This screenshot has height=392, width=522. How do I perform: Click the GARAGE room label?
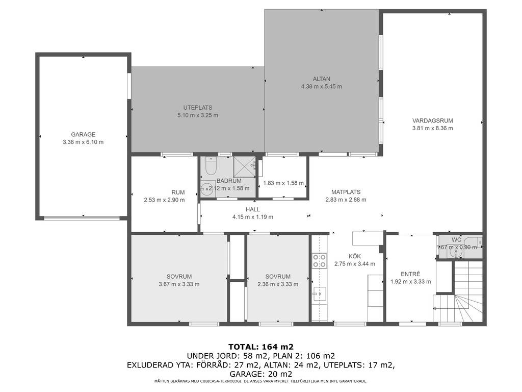pos(83,135)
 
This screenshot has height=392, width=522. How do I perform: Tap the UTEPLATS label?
pos(198,108)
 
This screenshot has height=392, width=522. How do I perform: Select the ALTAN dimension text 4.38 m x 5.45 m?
pos(322,87)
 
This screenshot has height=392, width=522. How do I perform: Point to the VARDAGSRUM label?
pos(432,120)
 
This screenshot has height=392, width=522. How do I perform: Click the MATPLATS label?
pos(346,192)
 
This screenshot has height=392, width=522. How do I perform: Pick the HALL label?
pos(253,209)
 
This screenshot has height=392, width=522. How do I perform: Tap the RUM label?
pos(178,192)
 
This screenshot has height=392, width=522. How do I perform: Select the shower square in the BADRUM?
pos(244,166)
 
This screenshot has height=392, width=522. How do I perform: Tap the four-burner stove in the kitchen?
pos(319,261)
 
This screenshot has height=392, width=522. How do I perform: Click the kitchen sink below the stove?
pos(319,294)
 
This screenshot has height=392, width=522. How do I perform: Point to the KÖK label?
pos(355,256)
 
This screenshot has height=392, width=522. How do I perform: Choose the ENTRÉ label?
pos(410,274)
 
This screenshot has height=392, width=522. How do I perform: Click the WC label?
pos(456,240)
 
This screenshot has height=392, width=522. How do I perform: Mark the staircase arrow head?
pos(434,309)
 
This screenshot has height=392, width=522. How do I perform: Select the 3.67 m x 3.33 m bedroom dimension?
pos(179,284)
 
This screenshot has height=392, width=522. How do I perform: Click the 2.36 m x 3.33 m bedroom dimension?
pos(278,284)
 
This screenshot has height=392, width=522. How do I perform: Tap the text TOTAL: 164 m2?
pos(260,347)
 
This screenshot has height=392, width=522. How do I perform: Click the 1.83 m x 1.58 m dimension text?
pos(283,183)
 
